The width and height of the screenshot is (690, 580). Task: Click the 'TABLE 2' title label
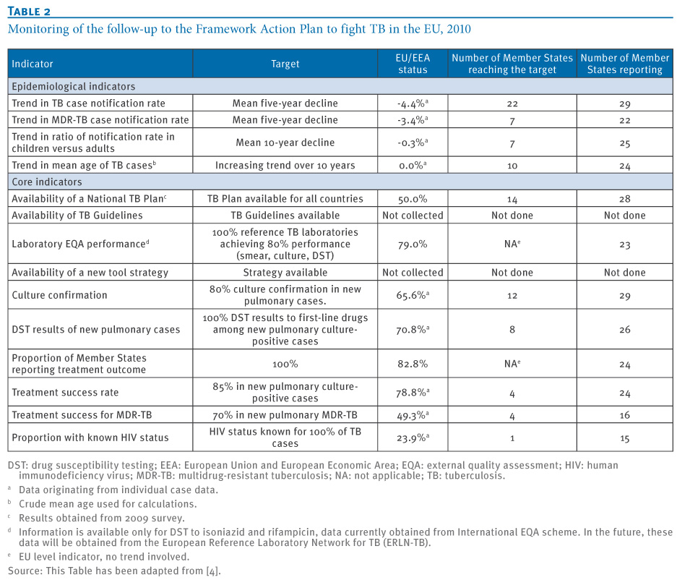(30, 12)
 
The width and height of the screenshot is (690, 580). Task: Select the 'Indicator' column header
(32, 64)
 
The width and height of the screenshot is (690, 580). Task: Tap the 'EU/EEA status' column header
(413, 64)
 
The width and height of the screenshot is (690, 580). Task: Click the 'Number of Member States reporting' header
(624, 64)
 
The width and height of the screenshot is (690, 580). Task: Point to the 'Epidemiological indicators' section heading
(74, 86)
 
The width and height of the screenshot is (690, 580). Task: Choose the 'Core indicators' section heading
(47, 182)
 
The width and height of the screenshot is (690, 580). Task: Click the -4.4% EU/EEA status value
(413, 103)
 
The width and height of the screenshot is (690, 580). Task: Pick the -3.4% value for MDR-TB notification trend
(413, 120)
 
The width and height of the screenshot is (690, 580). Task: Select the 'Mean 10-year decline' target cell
(285, 142)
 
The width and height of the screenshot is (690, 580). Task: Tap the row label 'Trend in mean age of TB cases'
(84, 165)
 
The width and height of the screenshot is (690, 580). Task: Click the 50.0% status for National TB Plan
(413, 199)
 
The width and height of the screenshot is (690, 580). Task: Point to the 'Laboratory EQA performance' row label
(80, 244)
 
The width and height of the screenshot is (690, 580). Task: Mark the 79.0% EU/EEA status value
(413, 244)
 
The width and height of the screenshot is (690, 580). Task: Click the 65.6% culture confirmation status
(413, 295)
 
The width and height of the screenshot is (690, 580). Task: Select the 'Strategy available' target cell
(285, 273)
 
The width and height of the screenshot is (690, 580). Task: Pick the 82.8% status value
(413, 364)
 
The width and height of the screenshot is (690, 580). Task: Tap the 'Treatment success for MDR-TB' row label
(82, 415)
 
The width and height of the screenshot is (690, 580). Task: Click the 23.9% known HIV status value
(413, 438)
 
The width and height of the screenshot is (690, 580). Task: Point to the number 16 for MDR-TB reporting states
(624, 415)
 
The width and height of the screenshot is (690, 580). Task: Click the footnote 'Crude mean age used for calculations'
(108, 504)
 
